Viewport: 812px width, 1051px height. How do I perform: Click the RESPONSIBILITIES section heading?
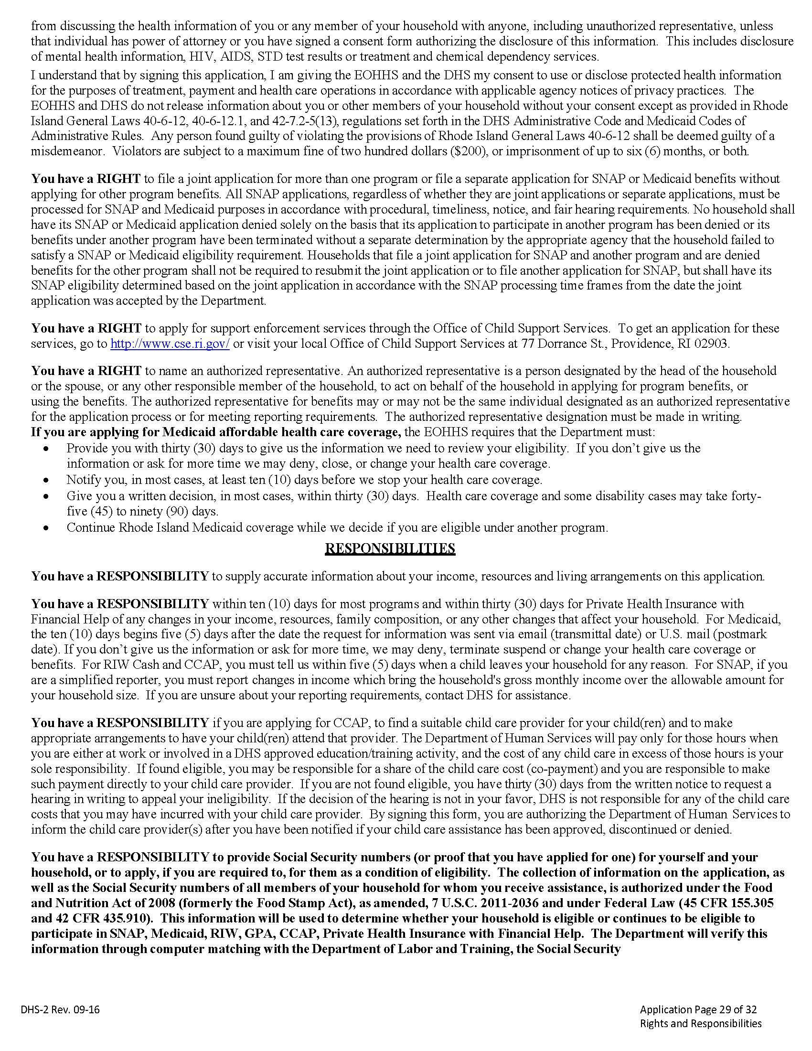390,548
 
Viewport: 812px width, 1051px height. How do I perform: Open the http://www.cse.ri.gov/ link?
170,344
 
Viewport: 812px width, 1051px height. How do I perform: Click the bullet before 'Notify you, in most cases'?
46,480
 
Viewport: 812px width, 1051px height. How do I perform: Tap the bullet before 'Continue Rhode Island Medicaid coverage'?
46,528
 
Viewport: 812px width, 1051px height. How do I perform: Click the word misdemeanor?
67,151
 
